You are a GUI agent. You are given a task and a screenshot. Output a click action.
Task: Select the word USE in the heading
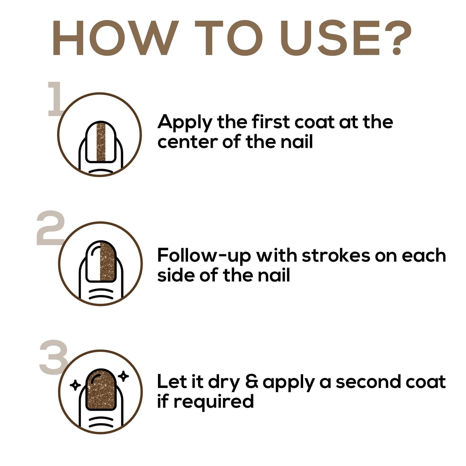[330, 38]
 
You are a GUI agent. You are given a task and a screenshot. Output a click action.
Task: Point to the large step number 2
[51, 228]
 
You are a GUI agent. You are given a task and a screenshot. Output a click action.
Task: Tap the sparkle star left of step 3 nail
[75, 385]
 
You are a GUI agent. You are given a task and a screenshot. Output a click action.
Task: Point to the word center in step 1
[188, 142]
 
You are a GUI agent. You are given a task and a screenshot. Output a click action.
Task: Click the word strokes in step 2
[336, 255]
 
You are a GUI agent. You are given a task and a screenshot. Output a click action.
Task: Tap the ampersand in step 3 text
[252, 382]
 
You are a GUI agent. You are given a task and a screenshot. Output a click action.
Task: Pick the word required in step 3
[214, 402]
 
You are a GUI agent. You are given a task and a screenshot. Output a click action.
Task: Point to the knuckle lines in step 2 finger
[101, 293]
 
